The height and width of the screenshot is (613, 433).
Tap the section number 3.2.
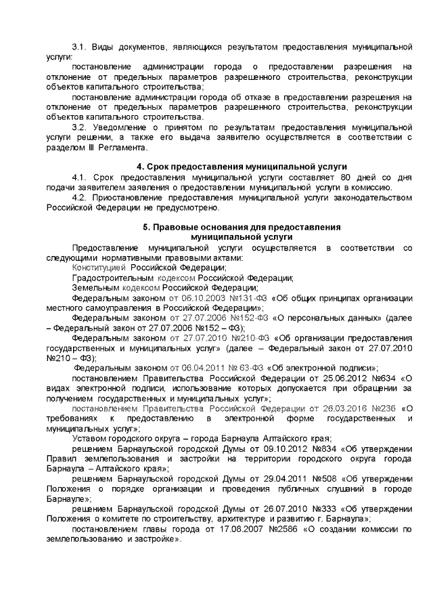click(80, 126)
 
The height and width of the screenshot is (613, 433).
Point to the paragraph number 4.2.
click(80, 197)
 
